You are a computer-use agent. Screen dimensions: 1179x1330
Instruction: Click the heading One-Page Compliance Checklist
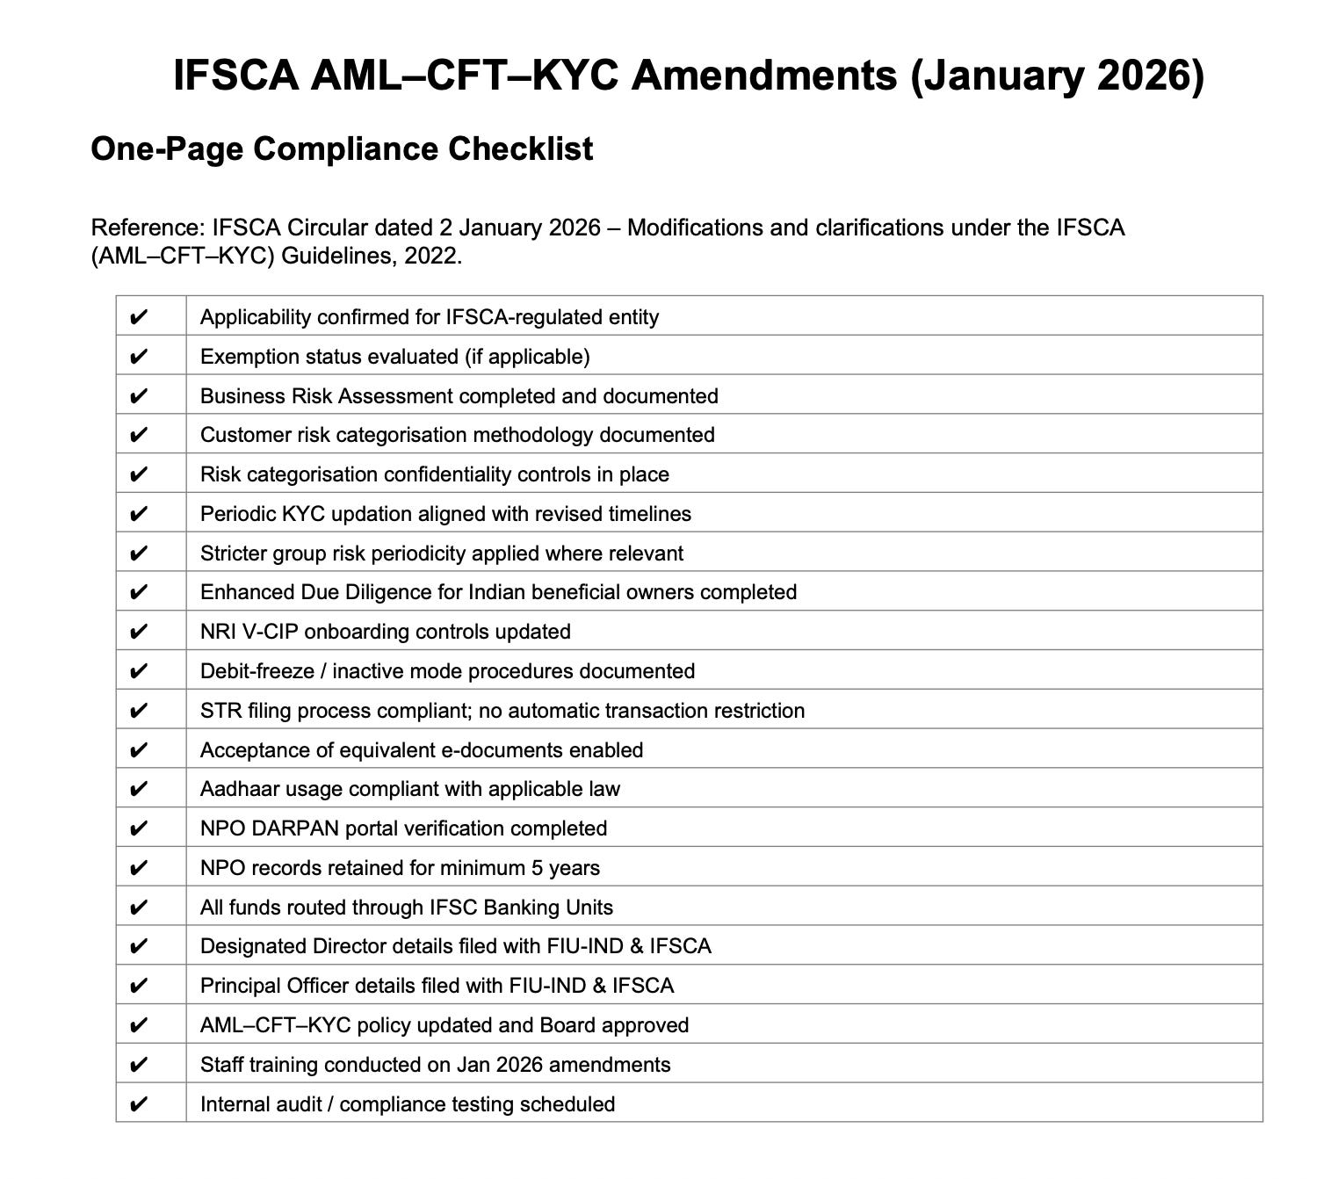[342, 148]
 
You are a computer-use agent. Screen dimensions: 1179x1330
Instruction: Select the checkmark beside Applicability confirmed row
[138, 317]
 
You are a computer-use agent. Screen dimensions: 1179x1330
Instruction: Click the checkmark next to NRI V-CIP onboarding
[138, 632]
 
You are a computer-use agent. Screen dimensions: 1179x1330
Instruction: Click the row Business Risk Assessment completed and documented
[459, 396]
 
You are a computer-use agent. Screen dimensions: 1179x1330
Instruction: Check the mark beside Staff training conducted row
[138, 1065]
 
